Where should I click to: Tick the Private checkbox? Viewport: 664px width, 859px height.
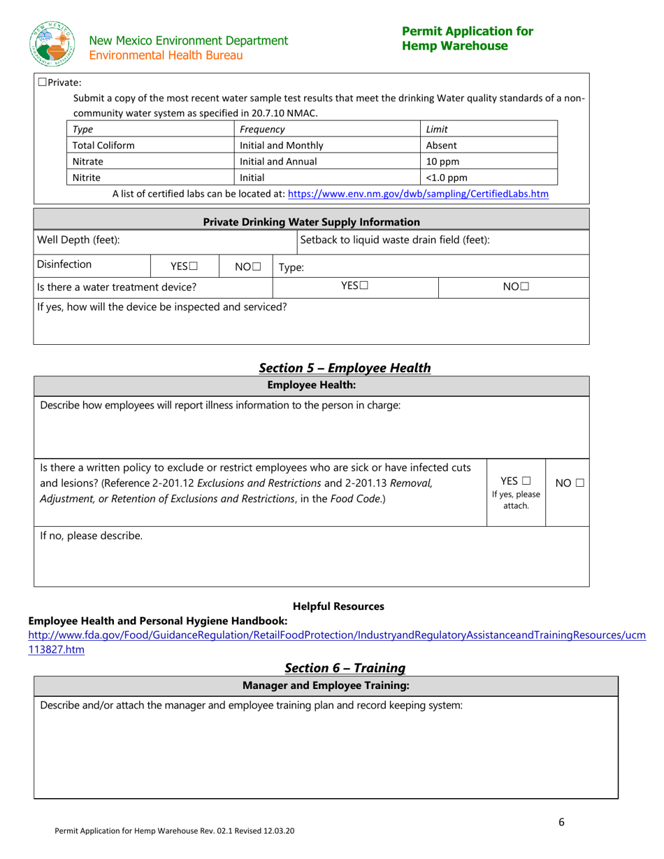pos(42,83)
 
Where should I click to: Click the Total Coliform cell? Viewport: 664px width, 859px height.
pos(104,145)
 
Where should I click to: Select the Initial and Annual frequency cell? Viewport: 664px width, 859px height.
pos(278,162)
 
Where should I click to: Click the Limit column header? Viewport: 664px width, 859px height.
pos(437,129)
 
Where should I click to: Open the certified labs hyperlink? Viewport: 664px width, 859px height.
pos(418,194)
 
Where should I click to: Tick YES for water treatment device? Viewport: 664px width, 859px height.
pos(363,286)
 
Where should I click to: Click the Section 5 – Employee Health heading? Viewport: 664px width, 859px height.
pos(345,368)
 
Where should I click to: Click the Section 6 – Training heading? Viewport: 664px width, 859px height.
pos(345,668)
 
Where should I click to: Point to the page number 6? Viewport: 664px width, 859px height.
pos(561,823)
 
